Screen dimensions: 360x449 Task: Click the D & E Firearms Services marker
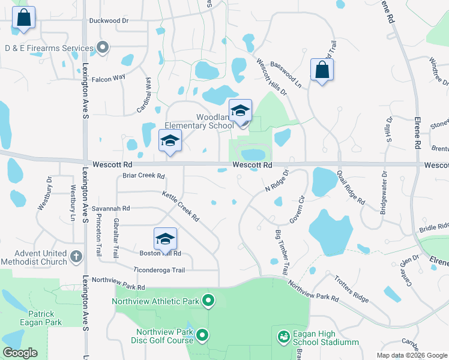pyautogui.click(x=103, y=47)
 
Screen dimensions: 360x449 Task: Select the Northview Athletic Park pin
pyautogui.click(x=208, y=299)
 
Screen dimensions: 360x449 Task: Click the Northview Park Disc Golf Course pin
pyautogui.click(x=203, y=335)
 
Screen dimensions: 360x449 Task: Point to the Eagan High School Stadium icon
pyautogui.click(x=283, y=338)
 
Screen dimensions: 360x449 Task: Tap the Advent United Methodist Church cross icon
pyautogui.click(x=76, y=257)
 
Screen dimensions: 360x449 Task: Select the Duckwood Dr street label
pyautogui.click(x=109, y=20)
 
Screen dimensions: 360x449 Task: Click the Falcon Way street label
pyautogui.click(x=108, y=77)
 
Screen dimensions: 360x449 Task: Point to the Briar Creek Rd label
pyautogui.click(x=143, y=176)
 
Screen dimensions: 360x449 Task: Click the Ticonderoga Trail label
pyautogui.click(x=158, y=270)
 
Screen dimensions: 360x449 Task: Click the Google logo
pyautogui.click(x=20, y=353)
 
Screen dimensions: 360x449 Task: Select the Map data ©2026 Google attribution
pyautogui.click(x=412, y=355)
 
